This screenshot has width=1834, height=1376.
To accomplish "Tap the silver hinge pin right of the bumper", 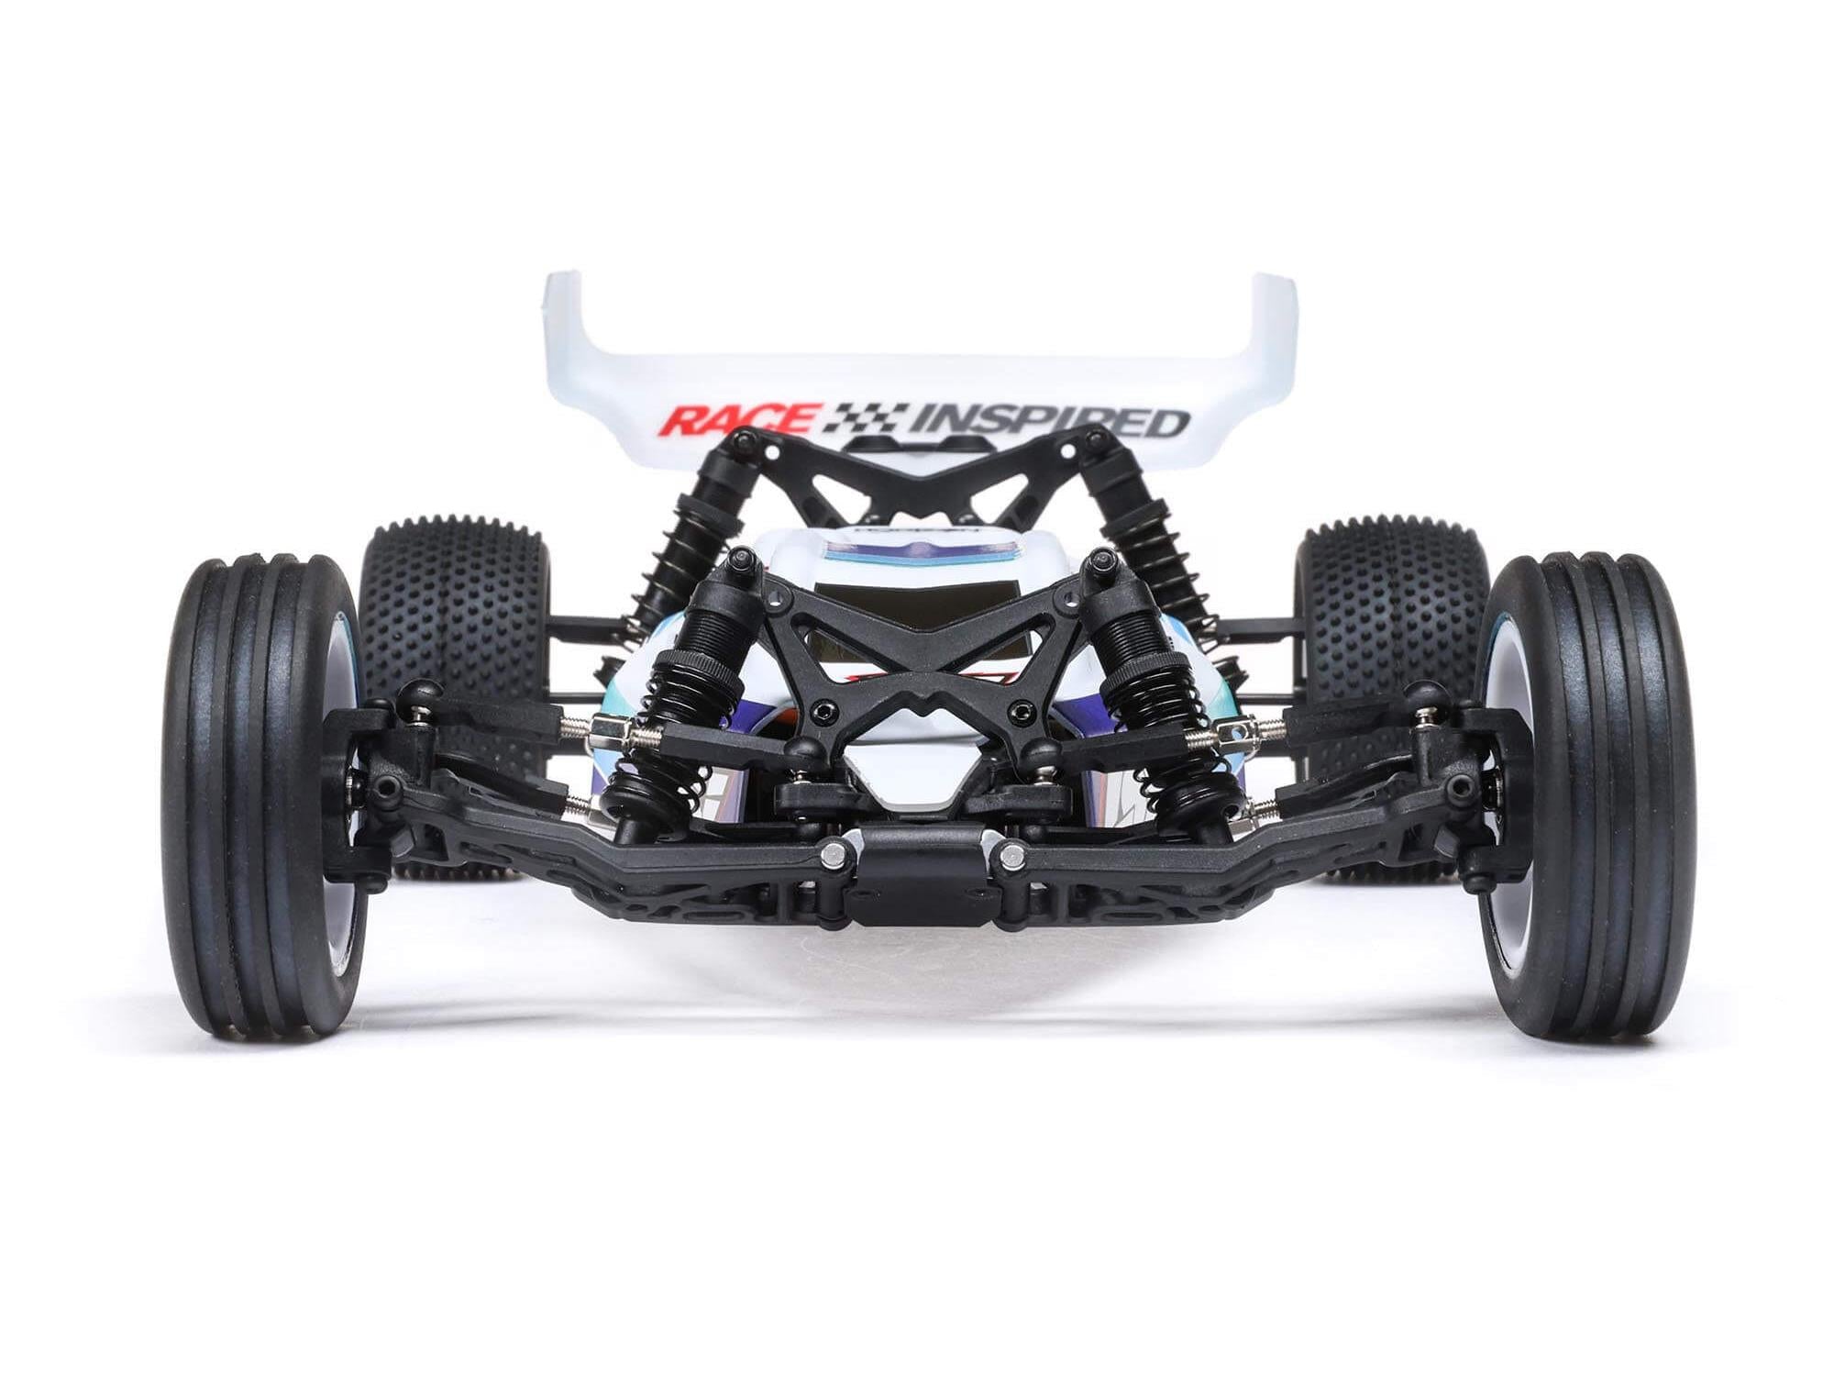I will (x=1011, y=853).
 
